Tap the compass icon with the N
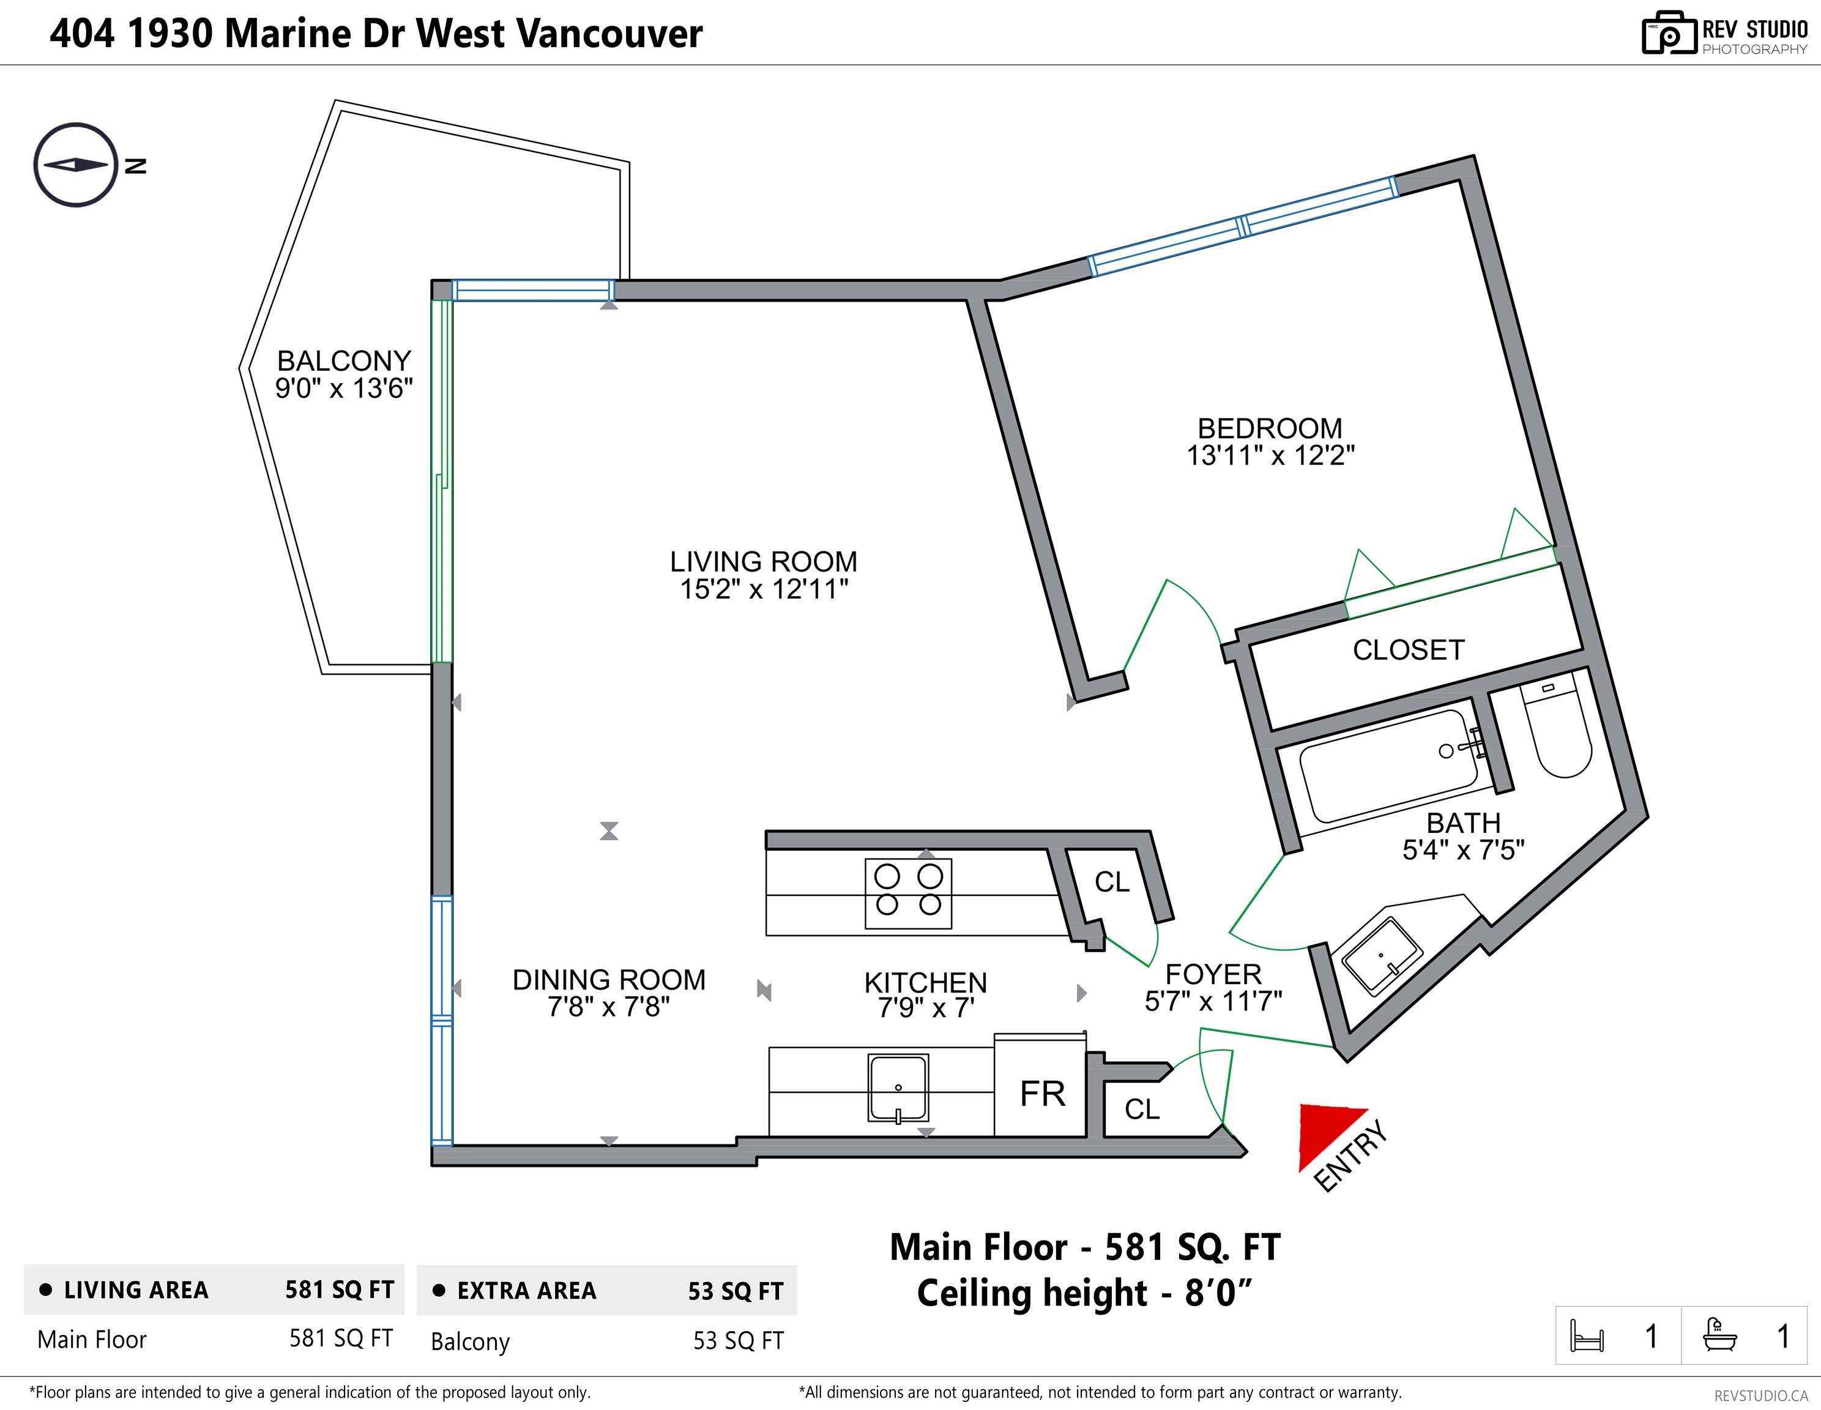(x=76, y=165)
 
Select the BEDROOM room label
(x=1270, y=428)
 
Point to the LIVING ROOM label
(x=764, y=561)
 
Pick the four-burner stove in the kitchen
(x=908, y=893)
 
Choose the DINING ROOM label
(x=609, y=980)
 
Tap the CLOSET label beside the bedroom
(x=1408, y=649)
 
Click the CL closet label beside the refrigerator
(x=1141, y=1109)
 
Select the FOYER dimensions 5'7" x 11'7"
(x=1213, y=1001)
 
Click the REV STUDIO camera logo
(x=1669, y=32)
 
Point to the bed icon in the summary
(x=1586, y=1335)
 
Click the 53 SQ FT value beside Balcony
(x=738, y=1341)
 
